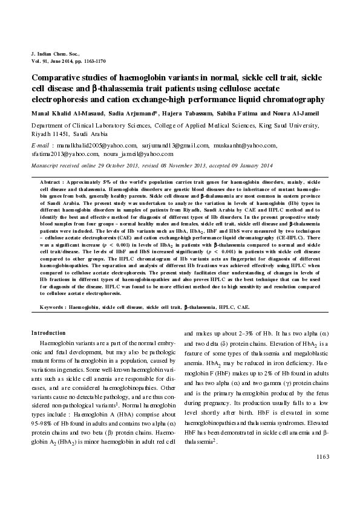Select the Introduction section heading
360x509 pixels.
pos(48,333)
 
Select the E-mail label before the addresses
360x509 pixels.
pos(40,146)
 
